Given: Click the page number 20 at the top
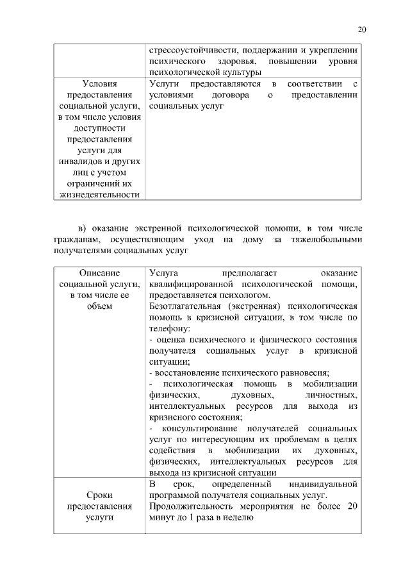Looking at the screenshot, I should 362,29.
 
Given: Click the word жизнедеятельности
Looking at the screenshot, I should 99,194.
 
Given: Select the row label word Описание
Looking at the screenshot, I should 99,272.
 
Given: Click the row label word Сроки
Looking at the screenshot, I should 99,495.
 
